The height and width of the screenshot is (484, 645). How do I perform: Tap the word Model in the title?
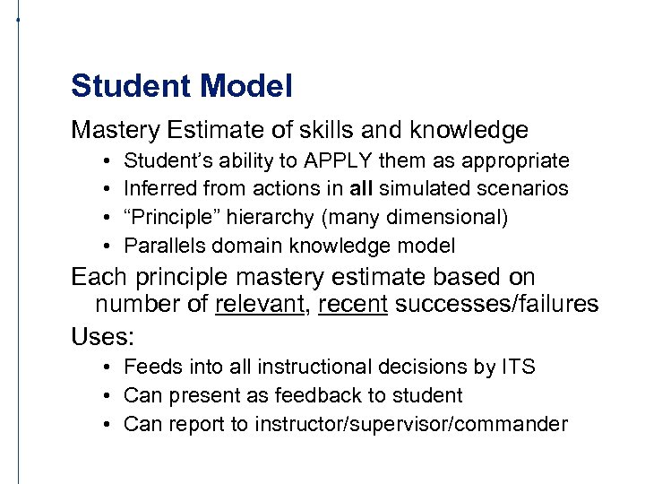[x=247, y=87]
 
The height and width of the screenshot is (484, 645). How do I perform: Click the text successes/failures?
[x=496, y=304]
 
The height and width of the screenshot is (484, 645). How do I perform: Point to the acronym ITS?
[x=517, y=367]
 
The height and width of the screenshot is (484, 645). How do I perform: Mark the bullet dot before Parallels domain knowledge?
[x=106, y=246]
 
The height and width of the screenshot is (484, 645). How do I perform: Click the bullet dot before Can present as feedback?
[x=106, y=395]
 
